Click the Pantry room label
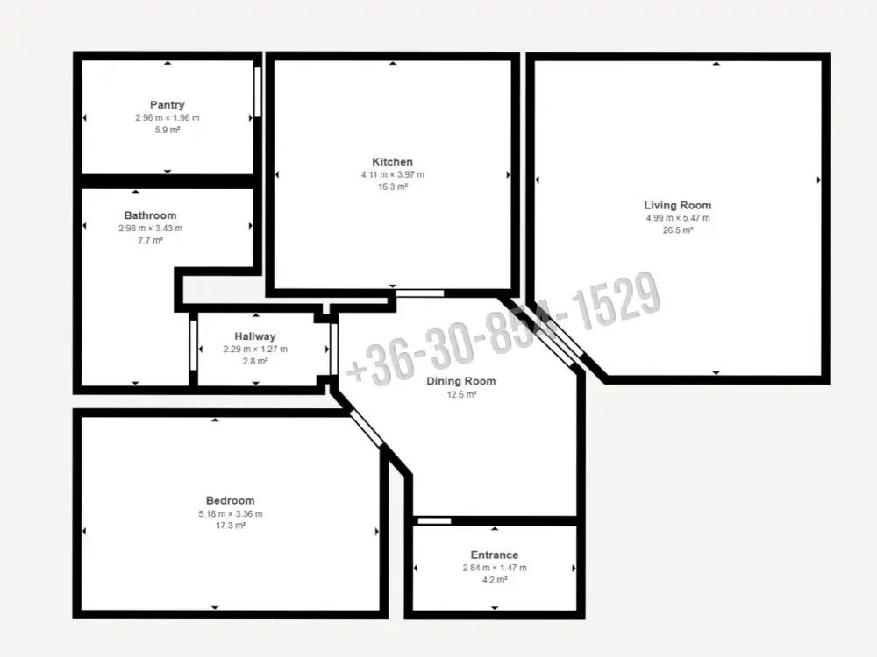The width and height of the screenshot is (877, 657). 168,105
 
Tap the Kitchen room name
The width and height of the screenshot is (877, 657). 393,162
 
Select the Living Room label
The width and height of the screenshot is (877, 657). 678,206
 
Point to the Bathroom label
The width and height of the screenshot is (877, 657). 151,215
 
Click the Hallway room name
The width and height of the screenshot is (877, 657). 255,336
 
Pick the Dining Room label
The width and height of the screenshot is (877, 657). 461,381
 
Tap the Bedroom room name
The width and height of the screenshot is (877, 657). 231,500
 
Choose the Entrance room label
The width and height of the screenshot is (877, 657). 495,555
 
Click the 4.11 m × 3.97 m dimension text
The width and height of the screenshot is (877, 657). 393,175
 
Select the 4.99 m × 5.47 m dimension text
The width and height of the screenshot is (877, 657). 678,218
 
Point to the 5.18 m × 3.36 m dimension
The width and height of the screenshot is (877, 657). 231,514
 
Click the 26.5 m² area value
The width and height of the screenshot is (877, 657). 678,230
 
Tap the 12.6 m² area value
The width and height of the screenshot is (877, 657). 461,394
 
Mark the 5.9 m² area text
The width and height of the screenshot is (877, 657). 168,131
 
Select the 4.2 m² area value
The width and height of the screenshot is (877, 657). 495,580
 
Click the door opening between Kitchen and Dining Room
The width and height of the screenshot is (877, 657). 420,293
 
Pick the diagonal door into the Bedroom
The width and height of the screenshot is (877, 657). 367,429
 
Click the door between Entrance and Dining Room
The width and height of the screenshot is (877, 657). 435,520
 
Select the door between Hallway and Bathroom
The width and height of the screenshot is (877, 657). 194,345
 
